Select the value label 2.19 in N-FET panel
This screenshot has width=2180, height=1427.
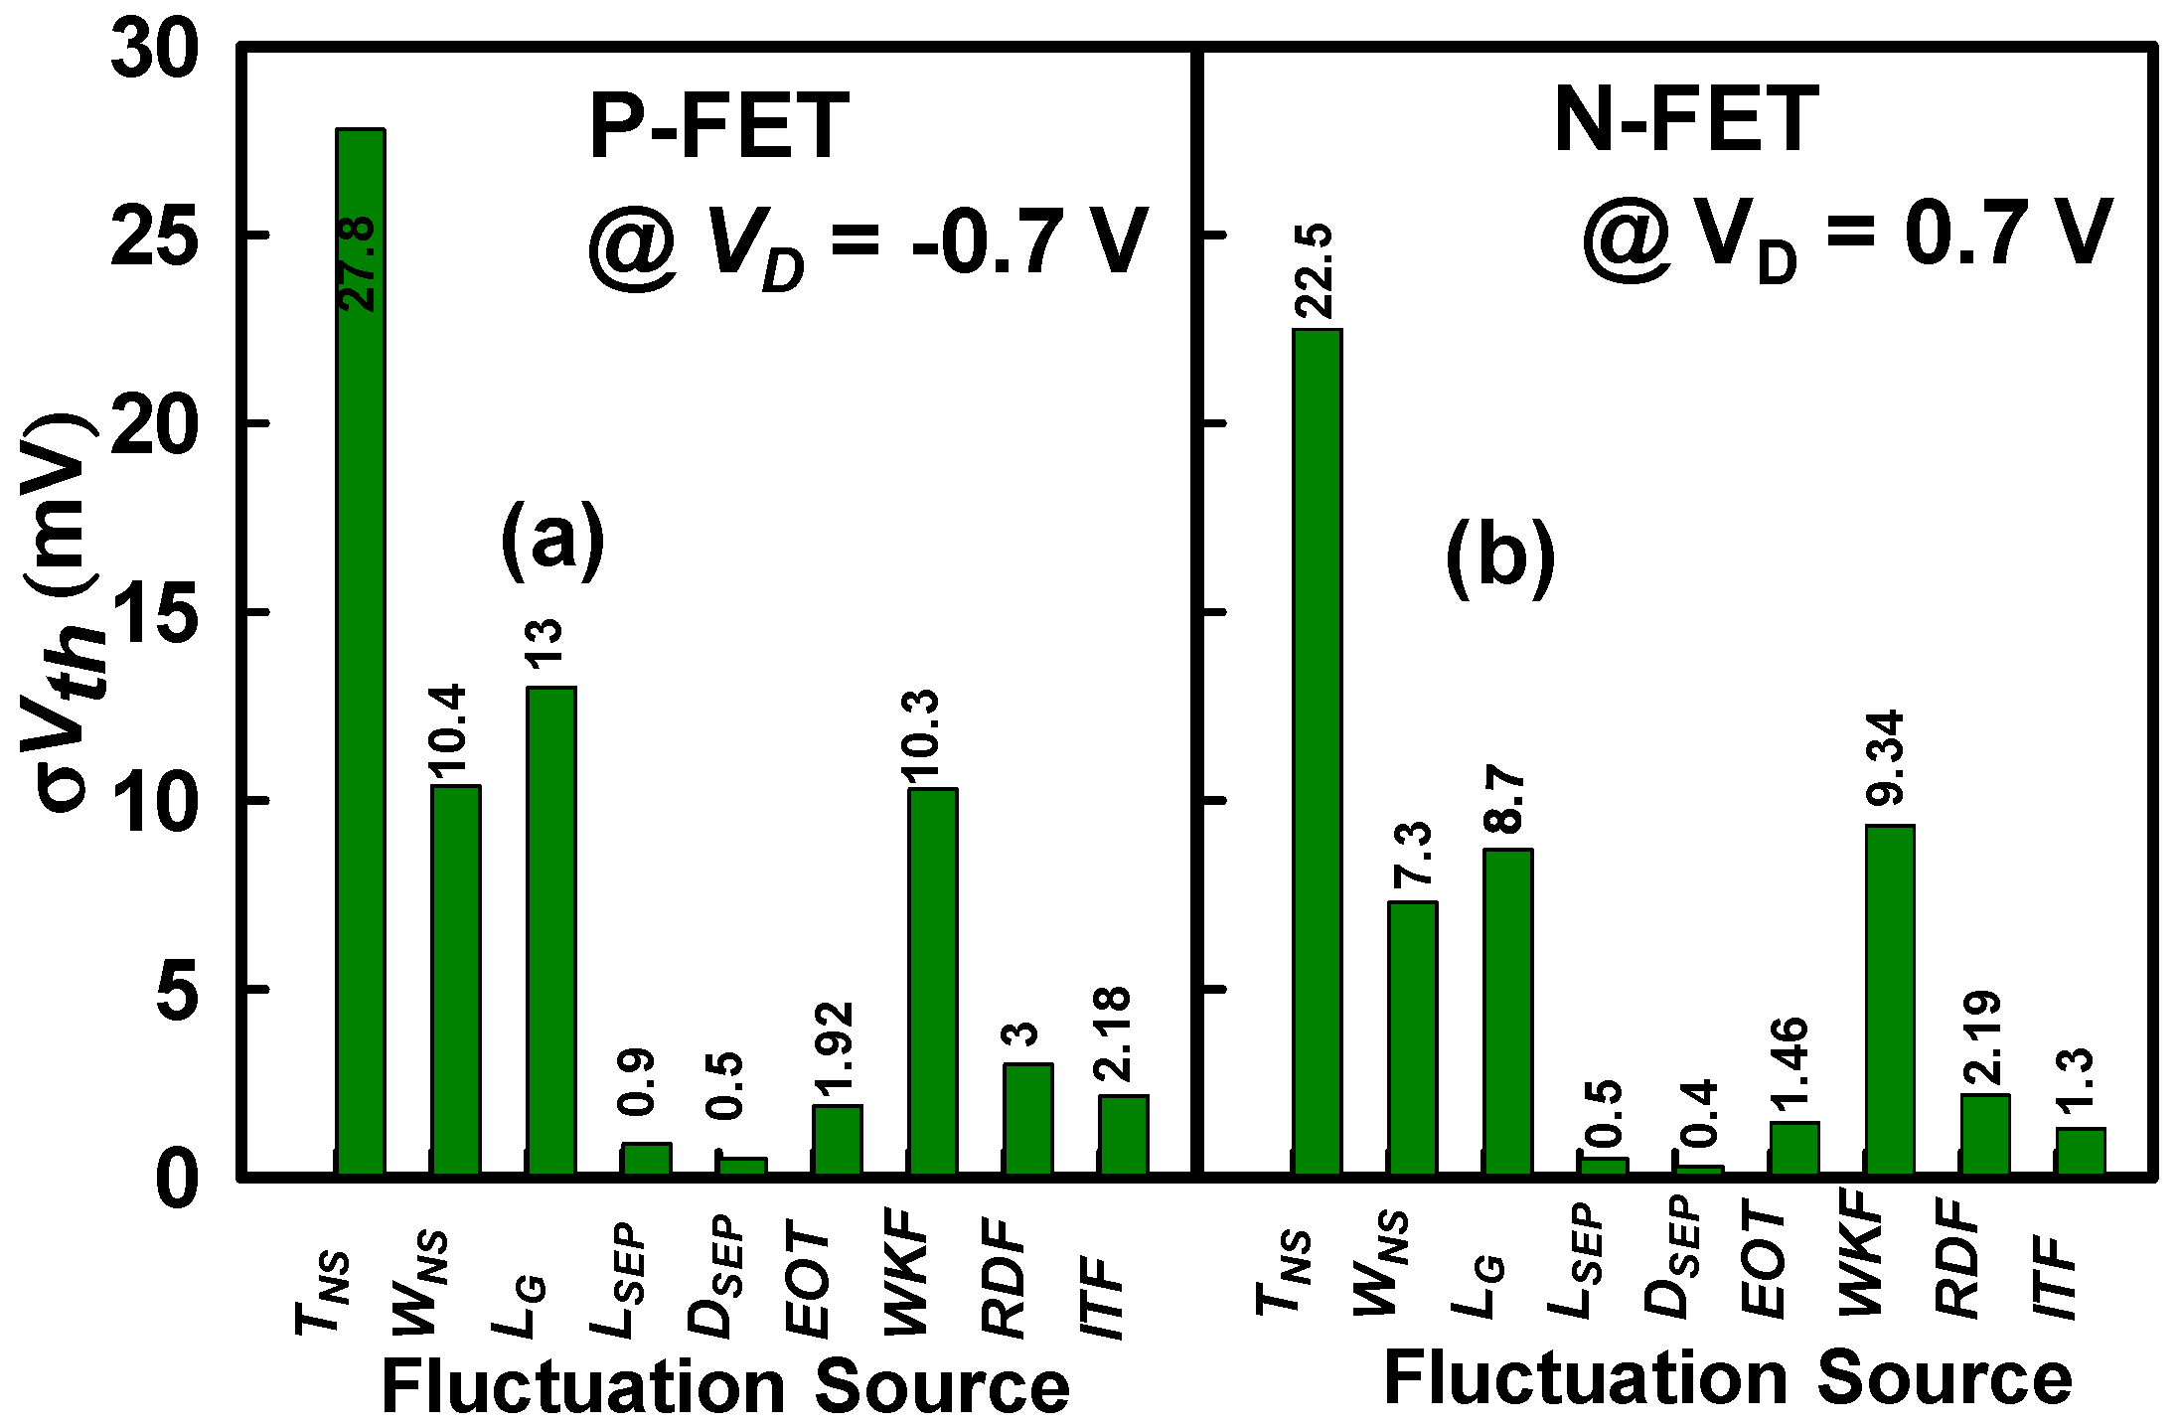point(1983,1038)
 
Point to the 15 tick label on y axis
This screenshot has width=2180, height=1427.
point(149,613)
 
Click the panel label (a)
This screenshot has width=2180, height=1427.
point(551,542)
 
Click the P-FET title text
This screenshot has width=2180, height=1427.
point(719,127)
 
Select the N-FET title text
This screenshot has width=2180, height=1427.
point(1685,120)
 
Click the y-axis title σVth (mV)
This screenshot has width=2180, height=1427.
point(62,611)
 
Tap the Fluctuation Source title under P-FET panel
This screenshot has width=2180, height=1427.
point(725,1387)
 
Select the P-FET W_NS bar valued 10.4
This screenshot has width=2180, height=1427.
point(455,980)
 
